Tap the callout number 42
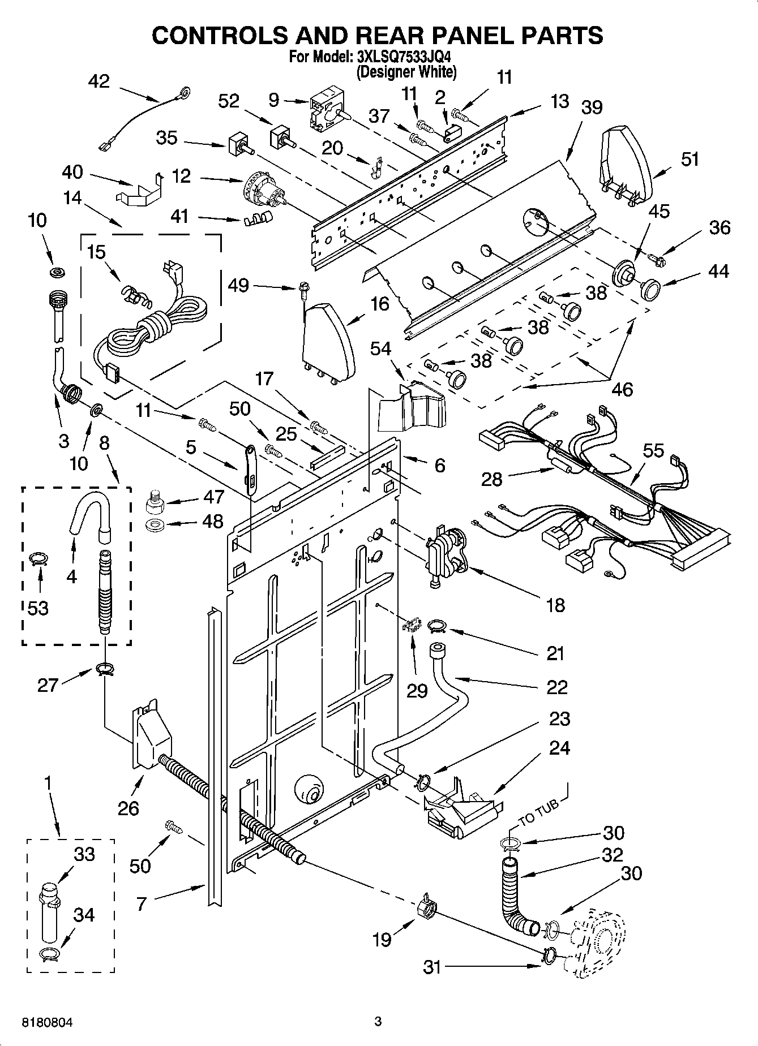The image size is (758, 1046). [99, 81]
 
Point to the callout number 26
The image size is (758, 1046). [128, 808]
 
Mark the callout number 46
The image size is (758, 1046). [622, 389]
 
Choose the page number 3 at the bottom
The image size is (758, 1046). [378, 1022]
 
